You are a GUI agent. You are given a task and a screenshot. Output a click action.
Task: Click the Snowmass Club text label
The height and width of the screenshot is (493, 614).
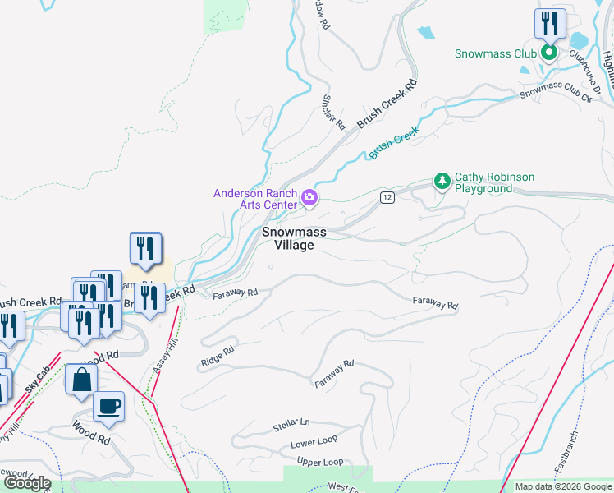496,53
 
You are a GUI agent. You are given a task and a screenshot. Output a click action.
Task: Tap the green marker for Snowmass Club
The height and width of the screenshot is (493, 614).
548,53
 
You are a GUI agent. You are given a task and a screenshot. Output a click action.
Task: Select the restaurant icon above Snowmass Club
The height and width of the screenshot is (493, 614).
548,23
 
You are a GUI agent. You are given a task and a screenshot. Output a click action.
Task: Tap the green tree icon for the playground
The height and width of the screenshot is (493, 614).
442,180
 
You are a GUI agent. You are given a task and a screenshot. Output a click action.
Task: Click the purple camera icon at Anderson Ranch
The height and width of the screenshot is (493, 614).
309,196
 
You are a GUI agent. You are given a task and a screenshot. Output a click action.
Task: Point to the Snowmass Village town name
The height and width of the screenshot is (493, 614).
294,238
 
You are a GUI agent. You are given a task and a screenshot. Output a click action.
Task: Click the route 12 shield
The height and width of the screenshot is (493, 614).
387,197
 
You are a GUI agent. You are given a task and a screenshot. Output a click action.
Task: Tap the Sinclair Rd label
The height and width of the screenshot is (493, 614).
332,113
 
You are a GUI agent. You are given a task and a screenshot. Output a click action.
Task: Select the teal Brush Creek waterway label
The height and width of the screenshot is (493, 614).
394,142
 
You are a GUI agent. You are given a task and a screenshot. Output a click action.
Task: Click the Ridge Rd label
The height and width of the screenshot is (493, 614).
217,356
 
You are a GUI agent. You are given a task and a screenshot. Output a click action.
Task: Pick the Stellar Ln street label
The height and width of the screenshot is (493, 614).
291,425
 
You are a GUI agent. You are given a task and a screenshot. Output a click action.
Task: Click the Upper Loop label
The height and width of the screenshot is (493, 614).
320,462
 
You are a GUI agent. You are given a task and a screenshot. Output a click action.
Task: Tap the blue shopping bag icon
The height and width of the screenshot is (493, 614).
81,380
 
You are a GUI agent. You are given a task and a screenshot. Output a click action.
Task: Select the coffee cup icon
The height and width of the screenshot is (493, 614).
108,405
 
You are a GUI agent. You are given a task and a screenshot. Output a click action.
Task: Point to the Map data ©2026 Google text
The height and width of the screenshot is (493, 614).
562,486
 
